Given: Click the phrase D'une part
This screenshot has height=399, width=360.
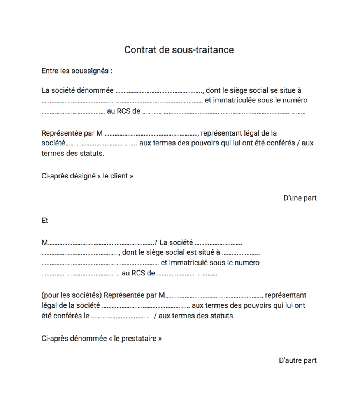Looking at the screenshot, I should (x=300, y=198).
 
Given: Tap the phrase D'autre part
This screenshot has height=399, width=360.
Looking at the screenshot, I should (x=298, y=360).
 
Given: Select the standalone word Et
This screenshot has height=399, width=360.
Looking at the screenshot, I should (x=45, y=221).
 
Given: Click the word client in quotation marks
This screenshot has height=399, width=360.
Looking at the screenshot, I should (x=119, y=176).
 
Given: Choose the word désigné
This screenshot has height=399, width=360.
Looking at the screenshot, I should (x=83, y=176).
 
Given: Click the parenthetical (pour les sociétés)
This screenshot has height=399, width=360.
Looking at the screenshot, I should (x=72, y=295).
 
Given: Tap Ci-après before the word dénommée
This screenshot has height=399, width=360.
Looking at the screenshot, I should (x=54, y=338).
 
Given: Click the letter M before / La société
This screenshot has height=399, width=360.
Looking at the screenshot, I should (x=44, y=243).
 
